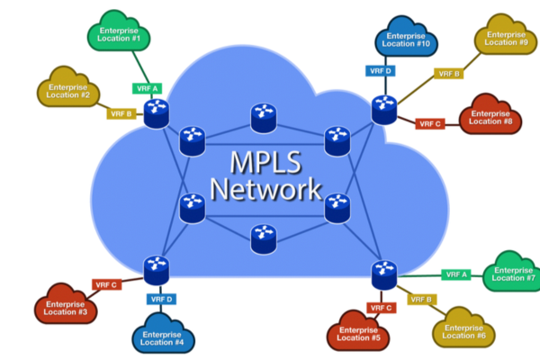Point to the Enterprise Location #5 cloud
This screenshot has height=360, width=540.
[359, 332]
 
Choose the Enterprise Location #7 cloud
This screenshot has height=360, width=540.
[514, 274]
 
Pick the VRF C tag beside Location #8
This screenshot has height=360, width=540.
[429, 123]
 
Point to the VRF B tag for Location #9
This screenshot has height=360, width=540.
[448, 74]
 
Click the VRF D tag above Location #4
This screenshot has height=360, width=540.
[161, 299]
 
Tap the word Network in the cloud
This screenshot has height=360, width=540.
[265, 191]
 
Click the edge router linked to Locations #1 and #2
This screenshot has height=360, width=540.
[157, 112]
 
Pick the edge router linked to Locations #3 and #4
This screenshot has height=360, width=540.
[155, 267]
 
